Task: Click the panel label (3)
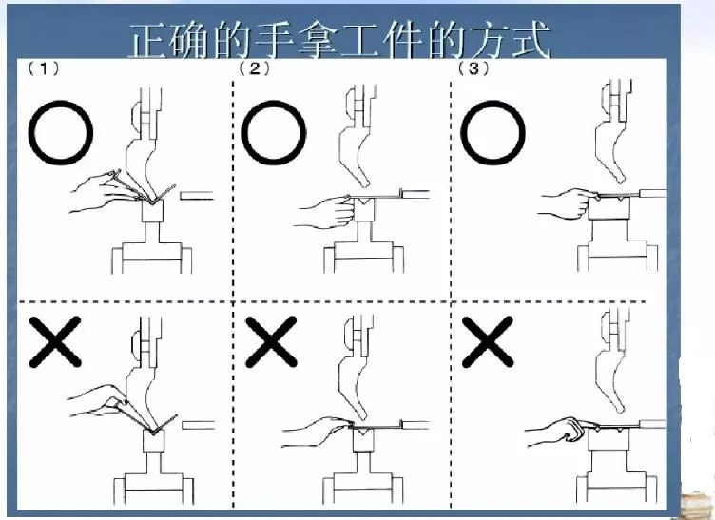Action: (x=473, y=69)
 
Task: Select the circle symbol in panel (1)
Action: (x=61, y=133)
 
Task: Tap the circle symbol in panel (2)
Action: (x=273, y=133)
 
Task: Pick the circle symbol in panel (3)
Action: (x=491, y=133)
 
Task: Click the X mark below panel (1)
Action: (x=53, y=343)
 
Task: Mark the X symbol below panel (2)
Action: (x=272, y=343)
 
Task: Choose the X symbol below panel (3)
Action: (x=489, y=343)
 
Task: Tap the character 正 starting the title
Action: (x=152, y=43)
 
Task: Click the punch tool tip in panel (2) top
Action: (x=361, y=180)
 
